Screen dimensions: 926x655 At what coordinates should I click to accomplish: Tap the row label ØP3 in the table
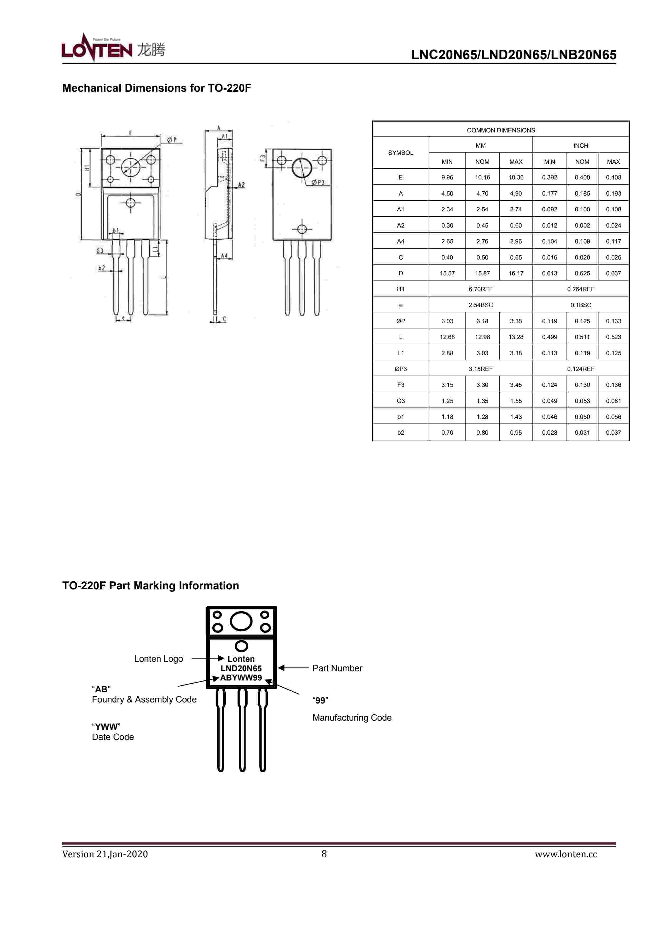(x=401, y=369)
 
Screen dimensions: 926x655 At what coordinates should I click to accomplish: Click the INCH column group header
(x=580, y=146)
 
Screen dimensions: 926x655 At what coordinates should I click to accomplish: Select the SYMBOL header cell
(x=401, y=153)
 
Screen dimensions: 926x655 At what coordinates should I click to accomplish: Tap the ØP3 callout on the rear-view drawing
(x=318, y=183)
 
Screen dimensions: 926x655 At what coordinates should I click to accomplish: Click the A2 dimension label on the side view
(x=241, y=185)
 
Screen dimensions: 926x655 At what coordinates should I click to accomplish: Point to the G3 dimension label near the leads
(x=100, y=251)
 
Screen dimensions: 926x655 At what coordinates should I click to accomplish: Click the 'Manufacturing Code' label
(x=352, y=717)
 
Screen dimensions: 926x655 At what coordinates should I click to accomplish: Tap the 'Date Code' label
(x=113, y=737)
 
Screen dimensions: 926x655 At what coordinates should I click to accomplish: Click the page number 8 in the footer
(x=324, y=853)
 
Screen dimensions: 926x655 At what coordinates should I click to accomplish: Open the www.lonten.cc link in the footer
(x=565, y=854)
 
